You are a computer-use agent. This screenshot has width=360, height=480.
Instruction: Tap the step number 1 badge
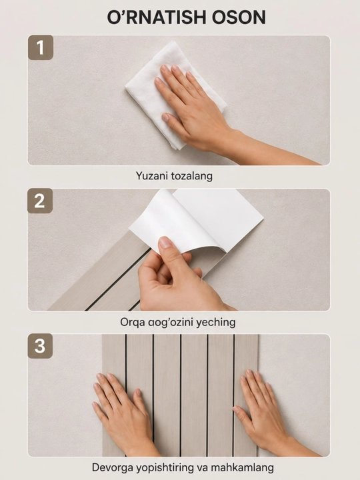41,47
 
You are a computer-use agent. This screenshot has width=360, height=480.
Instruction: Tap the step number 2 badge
40,201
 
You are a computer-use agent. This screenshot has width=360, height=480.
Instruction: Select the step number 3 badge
40,346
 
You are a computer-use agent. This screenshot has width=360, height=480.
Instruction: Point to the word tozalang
191,176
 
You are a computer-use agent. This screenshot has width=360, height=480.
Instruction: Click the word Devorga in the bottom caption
113,468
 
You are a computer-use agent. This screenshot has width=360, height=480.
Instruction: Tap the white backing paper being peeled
196,221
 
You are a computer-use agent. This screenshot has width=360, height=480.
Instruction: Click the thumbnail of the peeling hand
166,243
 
